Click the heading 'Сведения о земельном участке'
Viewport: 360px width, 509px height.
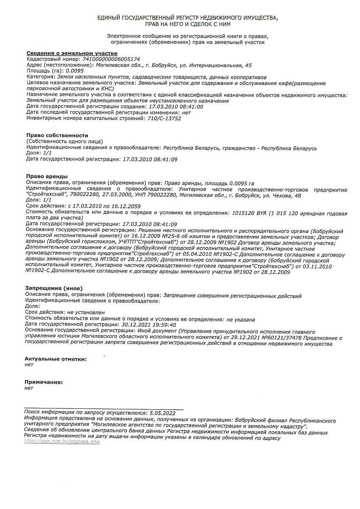click(72, 53)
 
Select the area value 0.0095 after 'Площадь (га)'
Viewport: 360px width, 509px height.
click(75, 71)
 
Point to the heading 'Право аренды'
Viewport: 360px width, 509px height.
click(47, 176)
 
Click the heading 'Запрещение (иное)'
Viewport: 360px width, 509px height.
click(54, 288)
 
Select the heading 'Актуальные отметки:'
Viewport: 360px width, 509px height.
click(56, 359)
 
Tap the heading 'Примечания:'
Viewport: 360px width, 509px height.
click(44, 382)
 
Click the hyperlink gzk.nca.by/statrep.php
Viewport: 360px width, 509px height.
click(62, 442)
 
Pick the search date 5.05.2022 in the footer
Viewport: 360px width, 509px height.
click(163, 412)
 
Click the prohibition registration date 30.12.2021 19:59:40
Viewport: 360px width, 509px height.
click(143, 324)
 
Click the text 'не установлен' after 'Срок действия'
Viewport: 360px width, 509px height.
click(86, 312)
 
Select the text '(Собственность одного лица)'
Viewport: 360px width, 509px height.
click(65, 141)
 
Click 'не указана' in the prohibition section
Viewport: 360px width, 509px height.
click(241, 319)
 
